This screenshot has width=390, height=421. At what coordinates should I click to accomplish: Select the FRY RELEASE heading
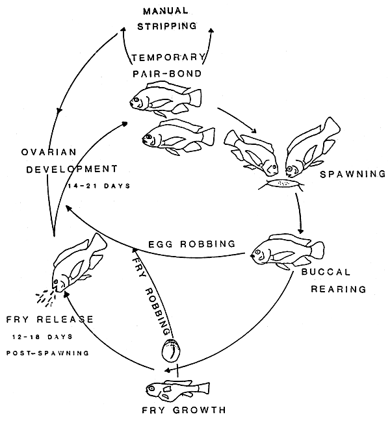coord(49,320)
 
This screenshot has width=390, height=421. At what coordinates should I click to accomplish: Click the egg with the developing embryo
coord(171,351)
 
